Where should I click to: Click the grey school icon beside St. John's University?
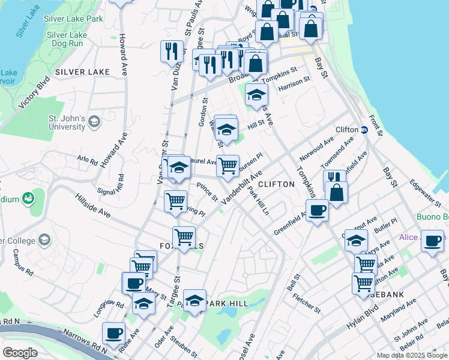(x=93, y=122)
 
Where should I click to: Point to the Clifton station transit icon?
(x=364, y=130)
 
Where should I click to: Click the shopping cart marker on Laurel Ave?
(x=228, y=166)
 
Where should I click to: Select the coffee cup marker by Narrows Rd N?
(x=113, y=332)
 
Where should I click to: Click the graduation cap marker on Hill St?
(x=226, y=129)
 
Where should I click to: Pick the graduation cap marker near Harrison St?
(x=256, y=95)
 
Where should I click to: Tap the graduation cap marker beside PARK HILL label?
(x=194, y=300)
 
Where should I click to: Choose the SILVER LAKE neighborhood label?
(x=82, y=72)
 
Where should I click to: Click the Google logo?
(x=20, y=352)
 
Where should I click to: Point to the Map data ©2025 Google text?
(x=411, y=355)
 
